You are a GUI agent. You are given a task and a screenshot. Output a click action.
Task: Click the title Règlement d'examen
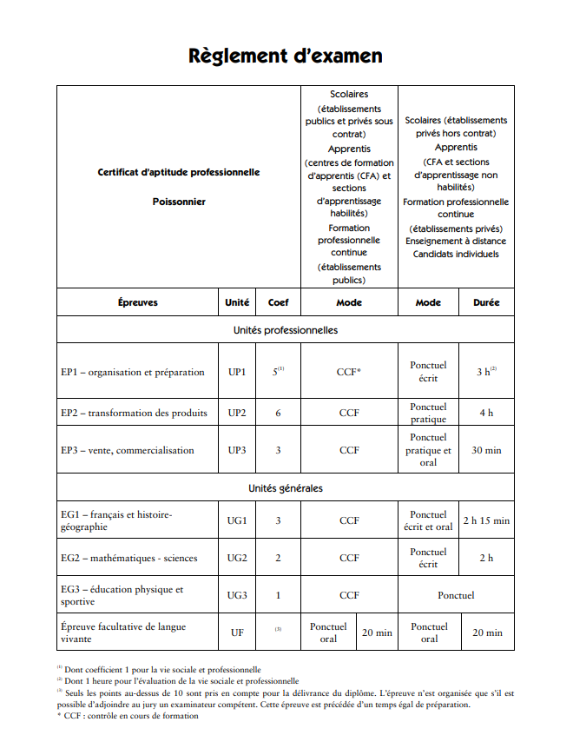(286, 56)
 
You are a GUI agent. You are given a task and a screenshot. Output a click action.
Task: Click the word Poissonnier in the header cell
(179, 202)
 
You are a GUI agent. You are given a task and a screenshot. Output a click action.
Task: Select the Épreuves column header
(137, 302)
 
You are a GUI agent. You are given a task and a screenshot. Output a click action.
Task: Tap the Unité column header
(237, 302)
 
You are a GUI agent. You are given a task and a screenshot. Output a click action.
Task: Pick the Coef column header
(278, 302)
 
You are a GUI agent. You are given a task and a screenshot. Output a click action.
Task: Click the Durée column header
(486, 302)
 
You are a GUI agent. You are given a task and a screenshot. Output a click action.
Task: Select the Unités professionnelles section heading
(286, 330)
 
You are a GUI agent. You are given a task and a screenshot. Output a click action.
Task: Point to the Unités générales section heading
(286, 488)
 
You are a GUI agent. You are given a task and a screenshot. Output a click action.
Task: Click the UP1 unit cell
(237, 372)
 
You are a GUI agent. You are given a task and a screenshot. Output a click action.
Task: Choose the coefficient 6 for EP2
(278, 413)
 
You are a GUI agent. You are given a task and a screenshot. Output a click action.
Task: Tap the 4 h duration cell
(486, 413)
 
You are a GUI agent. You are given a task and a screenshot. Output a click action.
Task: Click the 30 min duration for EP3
(486, 450)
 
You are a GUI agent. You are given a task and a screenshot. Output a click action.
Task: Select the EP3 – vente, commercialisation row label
(127, 450)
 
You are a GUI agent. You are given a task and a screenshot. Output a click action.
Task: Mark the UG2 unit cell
(237, 558)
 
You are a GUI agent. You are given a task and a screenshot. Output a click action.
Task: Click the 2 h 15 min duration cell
(486, 520)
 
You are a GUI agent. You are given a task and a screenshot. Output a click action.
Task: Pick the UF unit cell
(237, 632)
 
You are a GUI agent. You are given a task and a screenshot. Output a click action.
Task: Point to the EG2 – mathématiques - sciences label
(128, 558)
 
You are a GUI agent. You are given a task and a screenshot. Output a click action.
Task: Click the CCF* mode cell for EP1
(349, 372)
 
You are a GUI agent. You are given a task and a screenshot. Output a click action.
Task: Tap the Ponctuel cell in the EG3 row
(456, 595)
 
